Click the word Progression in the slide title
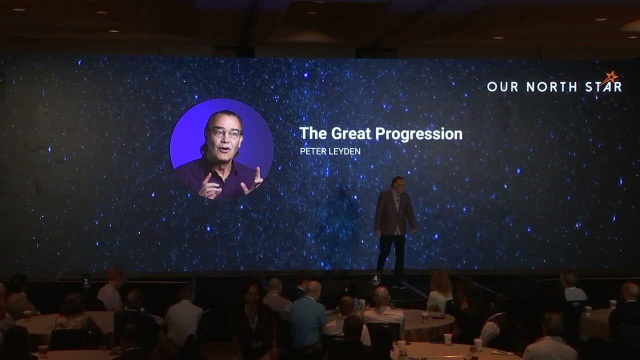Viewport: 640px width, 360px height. tap(418, 134)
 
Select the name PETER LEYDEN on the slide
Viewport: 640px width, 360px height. tap(330, 150)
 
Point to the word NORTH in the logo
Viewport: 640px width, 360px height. tap(548, 86)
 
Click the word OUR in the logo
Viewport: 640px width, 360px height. tap(501, 86)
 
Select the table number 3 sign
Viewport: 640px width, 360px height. tap(86, 281)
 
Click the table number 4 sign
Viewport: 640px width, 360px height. tap(375, 278)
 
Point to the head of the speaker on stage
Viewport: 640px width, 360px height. tap(397, 182)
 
